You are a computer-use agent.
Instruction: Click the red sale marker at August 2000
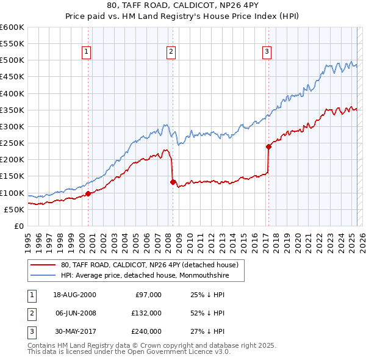88,193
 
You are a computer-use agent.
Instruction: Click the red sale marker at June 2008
173,182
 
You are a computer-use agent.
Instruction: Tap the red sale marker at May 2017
268,146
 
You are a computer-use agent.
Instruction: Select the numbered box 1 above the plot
87,52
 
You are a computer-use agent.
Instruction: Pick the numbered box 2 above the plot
171,52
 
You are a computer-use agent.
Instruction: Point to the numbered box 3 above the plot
267,52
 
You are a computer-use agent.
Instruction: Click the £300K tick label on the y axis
12,127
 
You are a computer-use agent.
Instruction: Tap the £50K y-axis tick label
14,209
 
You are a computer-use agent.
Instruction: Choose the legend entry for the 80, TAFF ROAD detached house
152,265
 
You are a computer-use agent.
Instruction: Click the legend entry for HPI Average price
152,275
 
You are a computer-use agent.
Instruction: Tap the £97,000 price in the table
148,294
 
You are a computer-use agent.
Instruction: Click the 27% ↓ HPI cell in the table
207,331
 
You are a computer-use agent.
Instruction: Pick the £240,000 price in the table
146,331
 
